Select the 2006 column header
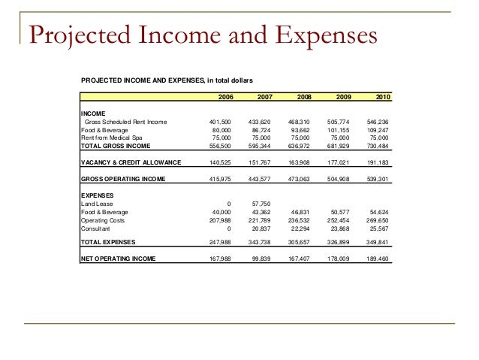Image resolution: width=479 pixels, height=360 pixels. pos(225,97)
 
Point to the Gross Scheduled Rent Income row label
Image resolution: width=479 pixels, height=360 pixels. pos(126,121)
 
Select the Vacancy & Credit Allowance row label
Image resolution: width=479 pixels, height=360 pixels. pos(131,162)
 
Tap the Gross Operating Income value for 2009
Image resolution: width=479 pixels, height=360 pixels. pos(343,179)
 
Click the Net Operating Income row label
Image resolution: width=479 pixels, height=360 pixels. pos(119,259)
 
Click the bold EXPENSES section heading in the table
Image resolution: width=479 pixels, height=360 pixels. pos(96,195)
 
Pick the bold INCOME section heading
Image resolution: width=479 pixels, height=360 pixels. pos(92,113)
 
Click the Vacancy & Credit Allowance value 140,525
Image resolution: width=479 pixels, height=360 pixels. pos(219,162)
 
